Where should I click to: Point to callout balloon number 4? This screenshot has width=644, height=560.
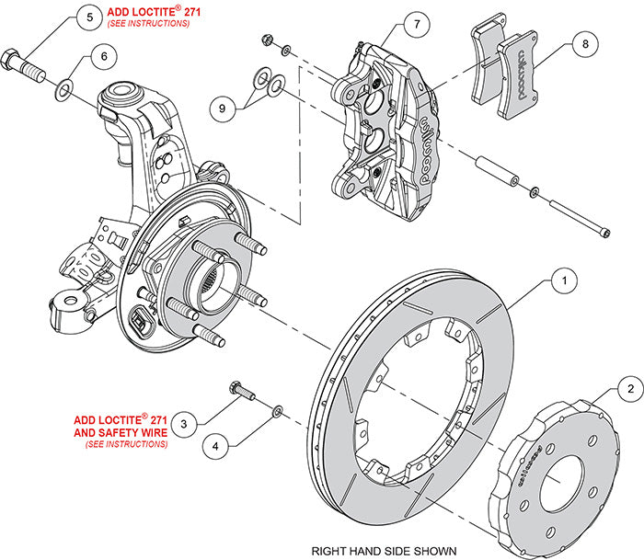pyautogui.click(x=216, y=446)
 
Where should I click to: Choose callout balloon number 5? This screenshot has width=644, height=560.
pyautogui.click(x=89, y=17)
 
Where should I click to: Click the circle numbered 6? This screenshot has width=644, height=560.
pyautogui.click(x=104, y=56)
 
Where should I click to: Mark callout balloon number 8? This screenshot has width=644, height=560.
pyautogui.click(x=583, y=42)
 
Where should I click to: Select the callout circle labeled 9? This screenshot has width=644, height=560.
pyautogui.click(x=221, y=108)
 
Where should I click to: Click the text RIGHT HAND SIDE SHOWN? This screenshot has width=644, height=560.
pyautogui.click(x=384, y=551)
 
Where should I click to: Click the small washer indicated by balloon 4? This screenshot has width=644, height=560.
pyautogui.click(x=276, y=408)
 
